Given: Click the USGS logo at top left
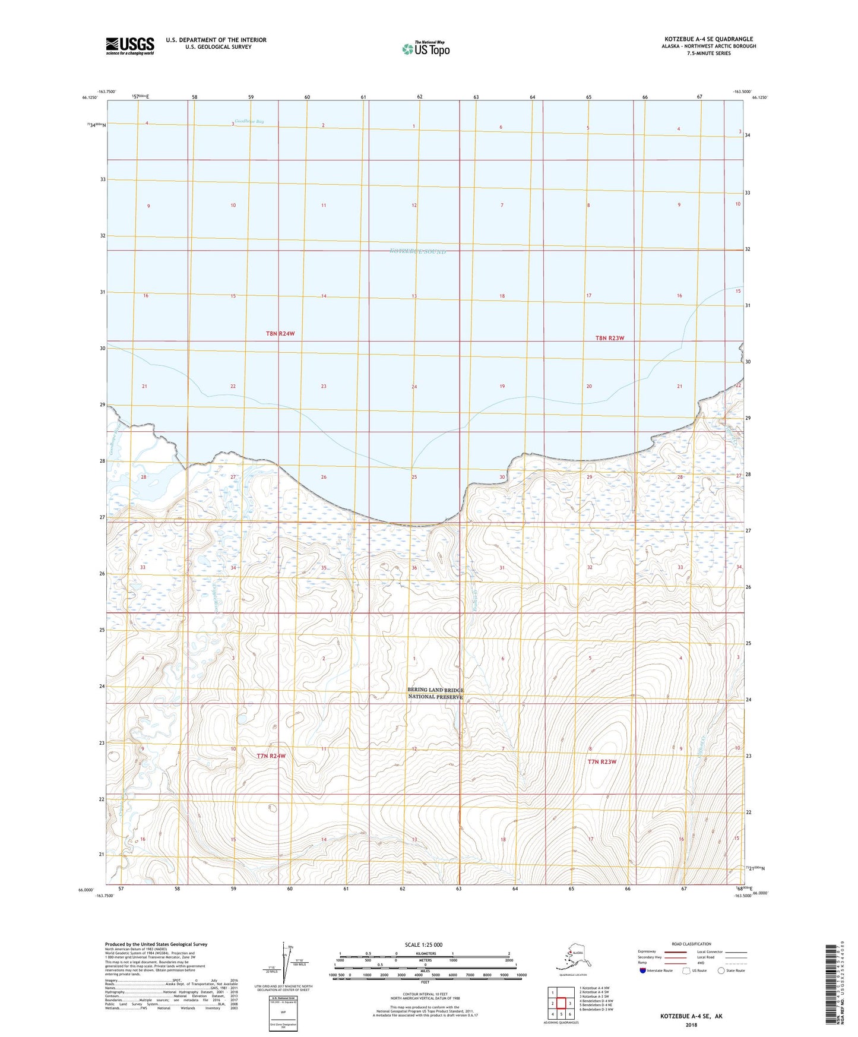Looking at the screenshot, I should coord(129,46).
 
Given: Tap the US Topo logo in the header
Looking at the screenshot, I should coord(426,48).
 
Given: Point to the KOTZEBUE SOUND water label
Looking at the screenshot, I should coord(417,252).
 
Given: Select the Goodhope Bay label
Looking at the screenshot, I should coord(249,122).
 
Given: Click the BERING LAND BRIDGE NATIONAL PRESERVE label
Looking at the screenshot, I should coord(435,693).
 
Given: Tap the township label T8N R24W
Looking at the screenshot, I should coord(280,334).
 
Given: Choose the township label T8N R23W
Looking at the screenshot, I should coord(610,338).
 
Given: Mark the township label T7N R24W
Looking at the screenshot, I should coord(271,756).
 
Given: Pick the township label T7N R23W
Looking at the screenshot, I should coord(602,761).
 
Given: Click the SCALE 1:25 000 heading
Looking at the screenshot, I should coord(423,944).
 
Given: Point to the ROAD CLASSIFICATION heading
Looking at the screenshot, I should coord(691,944).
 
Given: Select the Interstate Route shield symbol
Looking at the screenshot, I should coord(642,970).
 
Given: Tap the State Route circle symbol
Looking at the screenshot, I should coord(721,970).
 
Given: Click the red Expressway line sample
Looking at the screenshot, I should coord(676,951).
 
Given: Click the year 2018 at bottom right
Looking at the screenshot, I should coord(691,1025).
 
